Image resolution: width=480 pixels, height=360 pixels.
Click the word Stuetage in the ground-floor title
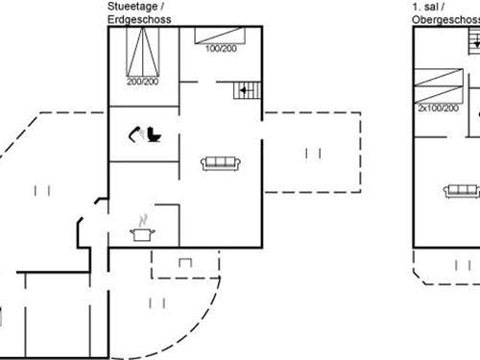click(127, 6)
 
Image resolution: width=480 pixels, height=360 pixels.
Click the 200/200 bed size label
click(143, 83)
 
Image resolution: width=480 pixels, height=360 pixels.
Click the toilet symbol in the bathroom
click(155, 136)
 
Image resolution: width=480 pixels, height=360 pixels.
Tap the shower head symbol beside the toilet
click(135, 134)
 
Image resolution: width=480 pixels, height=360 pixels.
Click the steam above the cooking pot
click(144, 219)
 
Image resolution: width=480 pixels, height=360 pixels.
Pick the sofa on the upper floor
click(462, 191)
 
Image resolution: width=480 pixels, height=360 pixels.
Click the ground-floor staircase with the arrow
click(246, 91)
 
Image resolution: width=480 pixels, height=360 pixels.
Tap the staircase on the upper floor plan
click(474, 41)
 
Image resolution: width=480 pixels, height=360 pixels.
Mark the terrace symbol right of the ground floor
click(312, 153)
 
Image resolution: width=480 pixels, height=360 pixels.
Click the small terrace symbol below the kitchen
click(184, 261)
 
